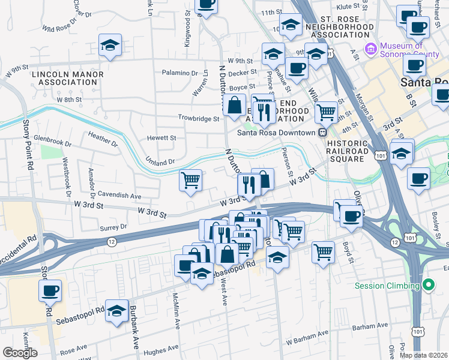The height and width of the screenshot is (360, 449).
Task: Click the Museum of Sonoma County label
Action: [x=402, y=50]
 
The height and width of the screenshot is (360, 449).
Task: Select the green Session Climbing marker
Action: [x=428, y=285]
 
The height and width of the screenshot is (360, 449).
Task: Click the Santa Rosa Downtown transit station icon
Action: [x=322, y=133]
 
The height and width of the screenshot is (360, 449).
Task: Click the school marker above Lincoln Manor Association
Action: [x=110, y=46]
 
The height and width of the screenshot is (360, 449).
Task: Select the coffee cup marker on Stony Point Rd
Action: [x=50, y=292]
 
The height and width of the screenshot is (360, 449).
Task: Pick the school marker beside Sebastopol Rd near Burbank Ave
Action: [x=117, y=311]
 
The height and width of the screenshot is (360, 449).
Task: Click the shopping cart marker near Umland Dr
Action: [x=191, y=180]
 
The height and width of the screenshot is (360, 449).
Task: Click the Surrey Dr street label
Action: [x=115, y=227]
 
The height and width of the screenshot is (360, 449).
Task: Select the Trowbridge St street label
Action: [x=198, y=119]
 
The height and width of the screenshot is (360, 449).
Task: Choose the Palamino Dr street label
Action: [x=180, y=73]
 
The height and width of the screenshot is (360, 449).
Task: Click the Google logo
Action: [x=20, y=353]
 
